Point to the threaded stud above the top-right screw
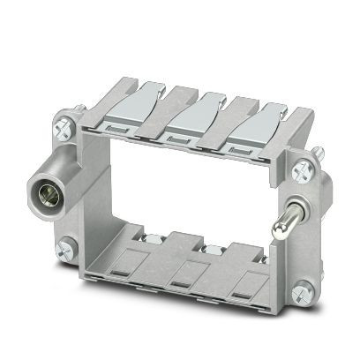click(x=314, y=153)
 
